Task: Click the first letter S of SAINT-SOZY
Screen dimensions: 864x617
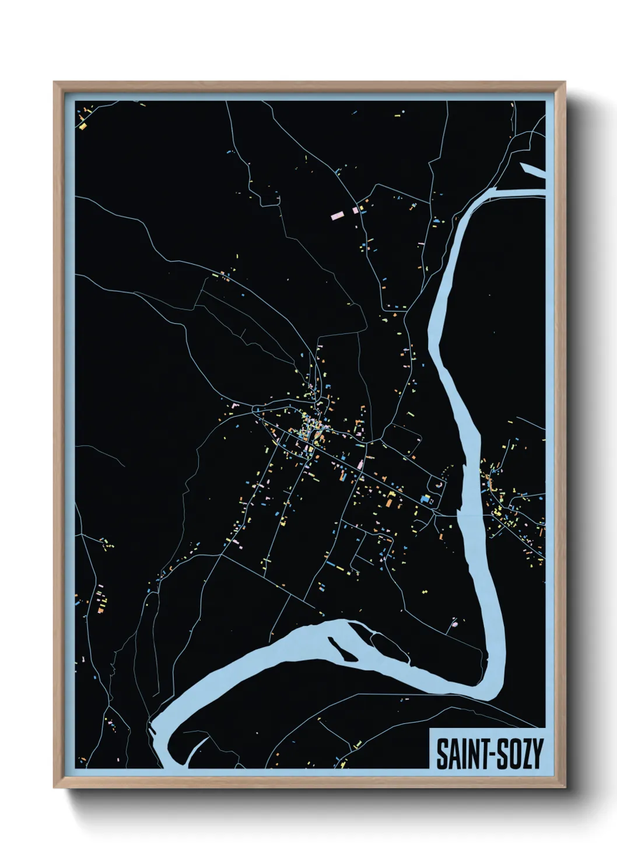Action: pos(442,754)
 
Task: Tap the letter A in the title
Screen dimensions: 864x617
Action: pos(454,754)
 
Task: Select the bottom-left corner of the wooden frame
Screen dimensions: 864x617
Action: pos(55,788)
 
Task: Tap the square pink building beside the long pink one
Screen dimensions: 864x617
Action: pos(355,210)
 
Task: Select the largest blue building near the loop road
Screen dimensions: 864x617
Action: pos(425,499)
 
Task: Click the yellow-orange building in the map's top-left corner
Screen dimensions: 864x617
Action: pos(83,126)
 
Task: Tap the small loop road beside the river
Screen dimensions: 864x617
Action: pos(436,483)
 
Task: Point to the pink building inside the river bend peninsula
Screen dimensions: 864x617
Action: pos(455,623)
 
